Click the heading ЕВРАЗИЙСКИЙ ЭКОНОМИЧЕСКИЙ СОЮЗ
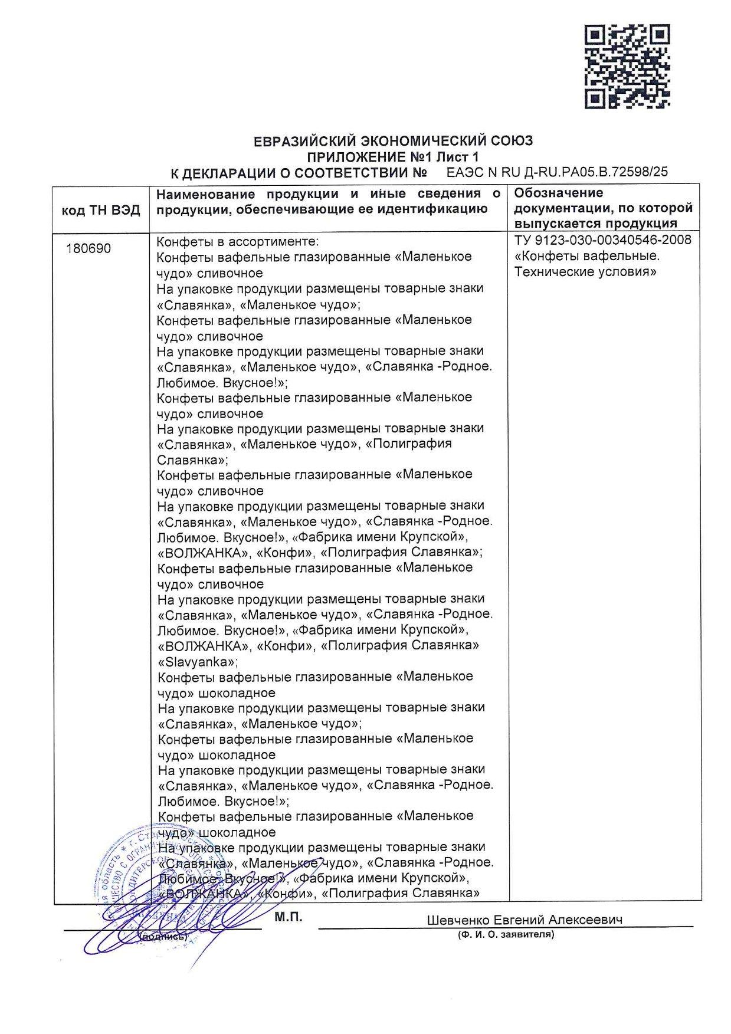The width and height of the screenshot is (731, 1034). pyautogui.click(x=392, y=142)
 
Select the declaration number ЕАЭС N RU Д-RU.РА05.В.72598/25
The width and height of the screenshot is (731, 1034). pyautogui.click(x=557, y=172)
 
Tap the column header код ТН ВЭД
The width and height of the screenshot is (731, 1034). pyautogui.click(x=101, y=209)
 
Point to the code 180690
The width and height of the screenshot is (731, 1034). pyautogui.click(x=88, y=249)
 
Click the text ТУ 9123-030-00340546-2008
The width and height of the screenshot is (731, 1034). pyautogui.click(x=602, y=241)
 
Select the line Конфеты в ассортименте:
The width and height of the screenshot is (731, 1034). pyautogui.click(x=237, y=242)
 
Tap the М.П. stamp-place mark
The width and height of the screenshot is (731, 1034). pyautogui.click(x=288, y=917)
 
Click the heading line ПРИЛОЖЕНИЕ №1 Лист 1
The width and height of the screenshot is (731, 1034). pyautogui.click(x=392, y=157)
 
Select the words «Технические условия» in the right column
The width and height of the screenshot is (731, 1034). pyautogui.click(x=585, y=272)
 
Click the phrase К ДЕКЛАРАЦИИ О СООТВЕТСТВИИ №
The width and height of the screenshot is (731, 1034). pyautogui.click(x=299, y=173)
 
